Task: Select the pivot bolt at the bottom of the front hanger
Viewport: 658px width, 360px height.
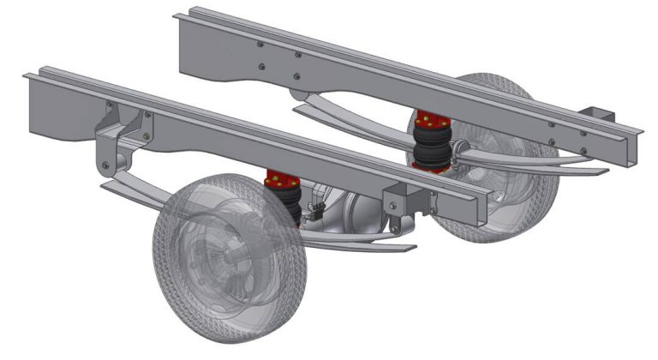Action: click(x=105, y=165)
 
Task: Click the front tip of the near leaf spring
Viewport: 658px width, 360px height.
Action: click(x=108, y=185)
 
